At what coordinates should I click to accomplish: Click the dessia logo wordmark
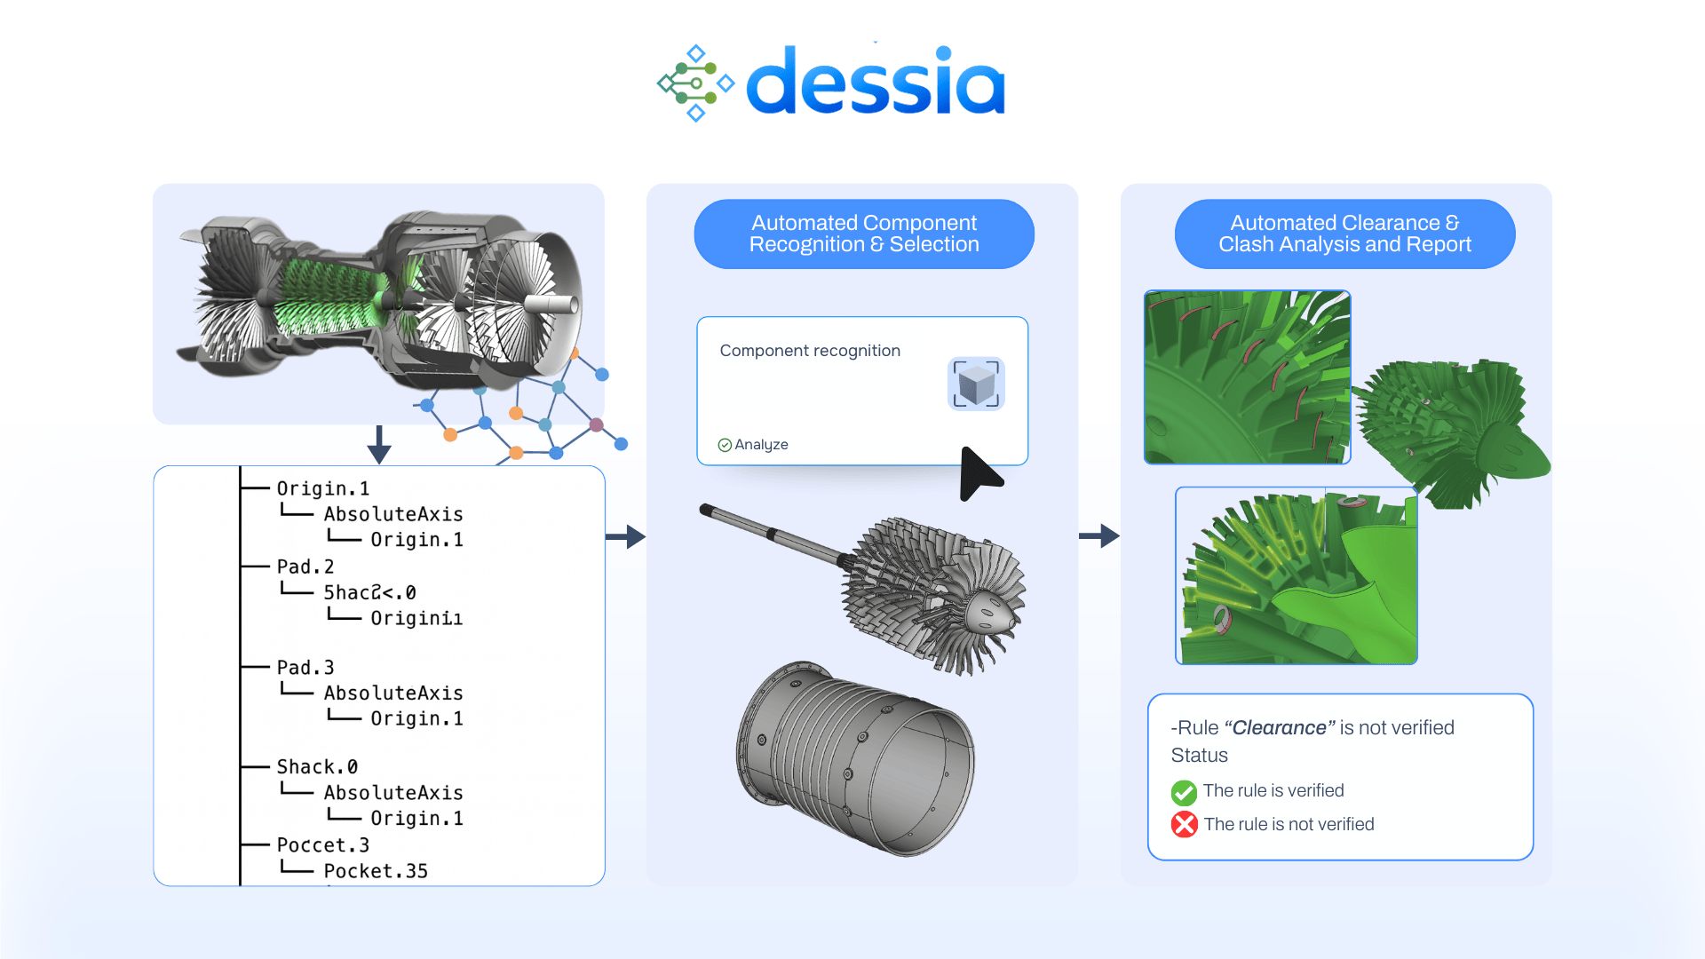875,83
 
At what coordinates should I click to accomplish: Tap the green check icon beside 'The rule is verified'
1184,791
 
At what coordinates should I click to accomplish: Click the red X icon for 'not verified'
1184,825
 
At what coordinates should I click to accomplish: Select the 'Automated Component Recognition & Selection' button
864,234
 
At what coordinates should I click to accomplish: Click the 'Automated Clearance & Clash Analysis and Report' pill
1344,234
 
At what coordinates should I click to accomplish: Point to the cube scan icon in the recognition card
976,384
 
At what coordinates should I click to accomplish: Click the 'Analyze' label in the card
761,445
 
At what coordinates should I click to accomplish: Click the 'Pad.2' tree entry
305,567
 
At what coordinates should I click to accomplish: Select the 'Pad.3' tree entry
305,668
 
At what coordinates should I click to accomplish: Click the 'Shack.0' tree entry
317,767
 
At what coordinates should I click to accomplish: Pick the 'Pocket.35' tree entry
376,871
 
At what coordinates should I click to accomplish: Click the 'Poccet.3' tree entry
322,845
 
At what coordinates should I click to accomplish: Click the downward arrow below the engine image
379,445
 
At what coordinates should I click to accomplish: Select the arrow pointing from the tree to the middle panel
626,536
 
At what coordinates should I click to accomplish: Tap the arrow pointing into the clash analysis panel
1099,535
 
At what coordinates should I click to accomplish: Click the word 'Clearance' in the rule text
1279,728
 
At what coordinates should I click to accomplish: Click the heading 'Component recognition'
810,351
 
